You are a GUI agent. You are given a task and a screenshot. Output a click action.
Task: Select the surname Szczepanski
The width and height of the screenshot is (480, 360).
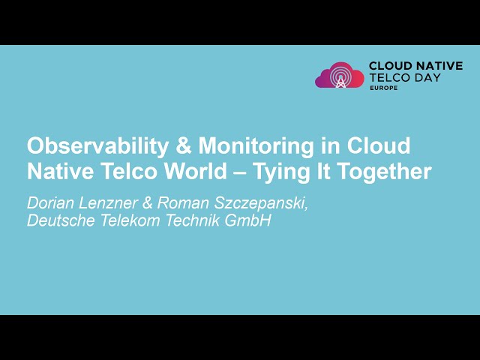[259, 202]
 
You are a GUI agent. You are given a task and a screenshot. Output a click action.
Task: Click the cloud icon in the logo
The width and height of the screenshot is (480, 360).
[340, 76]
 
